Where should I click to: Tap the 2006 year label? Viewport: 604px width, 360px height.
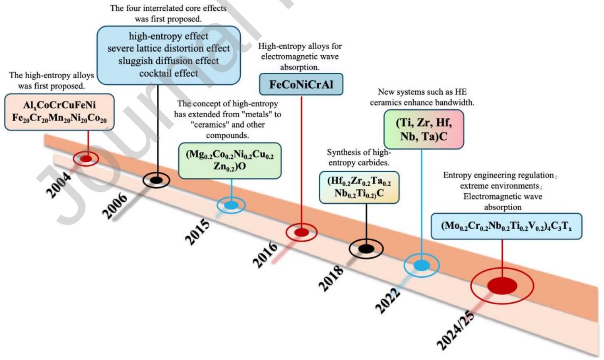[x=115, y=205]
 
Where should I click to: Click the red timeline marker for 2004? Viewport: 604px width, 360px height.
[x=86, y=158]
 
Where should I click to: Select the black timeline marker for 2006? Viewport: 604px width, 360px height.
[x=156, y=180]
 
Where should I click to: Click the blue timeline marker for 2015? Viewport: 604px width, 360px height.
[x=231, y=205]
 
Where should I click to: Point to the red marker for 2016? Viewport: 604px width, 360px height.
[x=301, y=232]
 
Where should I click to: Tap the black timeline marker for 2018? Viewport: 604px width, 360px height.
[x=366, y=249]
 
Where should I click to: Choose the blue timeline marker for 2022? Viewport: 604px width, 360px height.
[x=422, y=265]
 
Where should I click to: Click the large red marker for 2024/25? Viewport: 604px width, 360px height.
[x=502, y=286]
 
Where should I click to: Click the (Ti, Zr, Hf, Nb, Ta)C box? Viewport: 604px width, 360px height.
[x=424, y=129]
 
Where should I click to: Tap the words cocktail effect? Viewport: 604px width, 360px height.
[x=168, y=73]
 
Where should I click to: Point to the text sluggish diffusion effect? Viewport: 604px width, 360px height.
[x=168, y=61]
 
